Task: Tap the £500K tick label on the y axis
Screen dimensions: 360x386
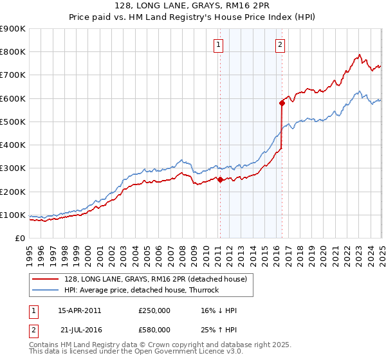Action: (13, 122)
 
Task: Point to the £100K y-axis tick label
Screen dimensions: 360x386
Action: (13, 215)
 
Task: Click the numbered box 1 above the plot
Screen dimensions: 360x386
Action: (219, 44)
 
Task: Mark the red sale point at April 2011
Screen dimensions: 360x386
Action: (220, 180)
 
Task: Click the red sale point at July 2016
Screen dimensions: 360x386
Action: (282, 103)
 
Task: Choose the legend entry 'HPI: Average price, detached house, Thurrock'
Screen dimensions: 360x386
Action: (142, 290)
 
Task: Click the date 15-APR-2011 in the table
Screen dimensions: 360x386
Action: (79, 310)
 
